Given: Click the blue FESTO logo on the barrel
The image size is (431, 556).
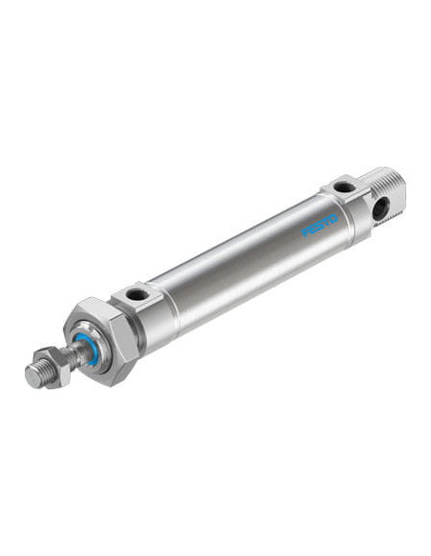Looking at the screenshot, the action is point(319,226).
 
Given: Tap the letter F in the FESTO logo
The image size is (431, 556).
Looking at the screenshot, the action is point(305,232).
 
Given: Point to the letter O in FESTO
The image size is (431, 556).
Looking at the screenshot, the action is point(334,220).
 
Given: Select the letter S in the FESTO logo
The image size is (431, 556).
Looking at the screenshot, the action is point(319,226).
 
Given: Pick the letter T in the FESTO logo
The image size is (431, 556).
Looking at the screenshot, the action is point(326,223).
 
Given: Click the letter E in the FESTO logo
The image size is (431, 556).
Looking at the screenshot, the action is point(313,229).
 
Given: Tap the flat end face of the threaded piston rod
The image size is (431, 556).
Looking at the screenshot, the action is point(33,376).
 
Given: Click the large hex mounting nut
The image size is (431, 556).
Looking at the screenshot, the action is point(100,341).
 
